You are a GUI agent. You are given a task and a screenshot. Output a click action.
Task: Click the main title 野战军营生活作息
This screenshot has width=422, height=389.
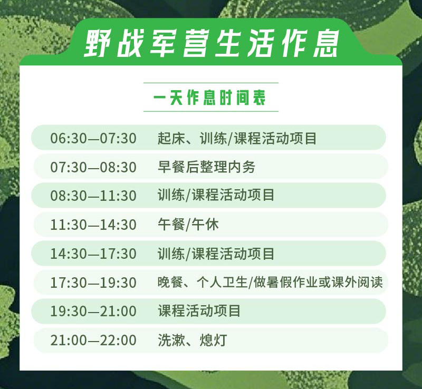pos(212,43)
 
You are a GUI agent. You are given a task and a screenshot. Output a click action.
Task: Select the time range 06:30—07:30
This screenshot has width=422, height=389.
pos(93,138)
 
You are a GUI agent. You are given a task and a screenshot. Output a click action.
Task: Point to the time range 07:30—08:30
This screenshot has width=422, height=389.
pos(93,167)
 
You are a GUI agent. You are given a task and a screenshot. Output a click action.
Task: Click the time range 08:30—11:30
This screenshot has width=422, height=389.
pos(93,196)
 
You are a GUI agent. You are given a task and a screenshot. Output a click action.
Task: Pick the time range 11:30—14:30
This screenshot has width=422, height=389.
pos(93,225)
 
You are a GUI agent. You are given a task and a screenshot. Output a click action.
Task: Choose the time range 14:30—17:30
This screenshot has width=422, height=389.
pos(93,254)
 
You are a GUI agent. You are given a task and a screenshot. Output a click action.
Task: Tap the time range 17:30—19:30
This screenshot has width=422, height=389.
pos(93,283)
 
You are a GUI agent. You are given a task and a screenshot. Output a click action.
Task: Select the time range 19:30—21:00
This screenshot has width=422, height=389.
pos(93,312)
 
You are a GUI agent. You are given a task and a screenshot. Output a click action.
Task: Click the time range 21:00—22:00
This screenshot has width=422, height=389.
pos(93,340)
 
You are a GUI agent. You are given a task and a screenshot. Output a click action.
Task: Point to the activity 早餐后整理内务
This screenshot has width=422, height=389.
pos(206,167)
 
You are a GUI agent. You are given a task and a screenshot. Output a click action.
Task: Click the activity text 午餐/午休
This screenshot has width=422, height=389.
pos(188,225)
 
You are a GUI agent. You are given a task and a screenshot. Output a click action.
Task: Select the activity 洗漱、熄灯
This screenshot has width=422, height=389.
pos(193,340)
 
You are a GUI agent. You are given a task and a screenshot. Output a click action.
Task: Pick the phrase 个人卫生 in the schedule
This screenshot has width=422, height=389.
pos(222,282)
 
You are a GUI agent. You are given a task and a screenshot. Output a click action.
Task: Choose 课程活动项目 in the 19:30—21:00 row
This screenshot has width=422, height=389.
pos(199,311)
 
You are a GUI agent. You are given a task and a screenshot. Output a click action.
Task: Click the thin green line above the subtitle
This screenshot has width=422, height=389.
pos(210,83)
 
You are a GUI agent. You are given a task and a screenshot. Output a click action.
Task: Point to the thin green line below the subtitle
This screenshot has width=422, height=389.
pos(210,111)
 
